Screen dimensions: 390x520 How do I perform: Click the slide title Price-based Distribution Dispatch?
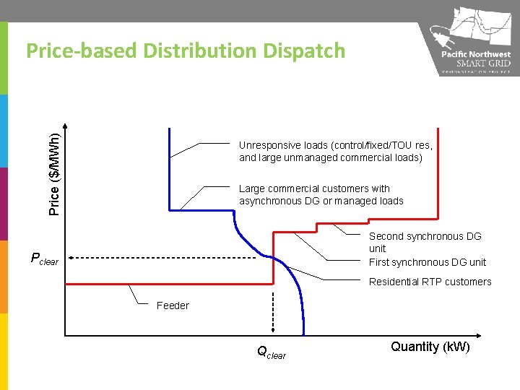(186, 51)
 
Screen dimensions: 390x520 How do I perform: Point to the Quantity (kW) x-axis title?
(430, 347)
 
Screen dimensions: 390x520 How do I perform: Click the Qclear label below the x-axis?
(271, 353)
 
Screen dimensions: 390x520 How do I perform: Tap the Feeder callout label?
(173, 305)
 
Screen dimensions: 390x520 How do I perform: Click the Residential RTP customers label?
(430, 282)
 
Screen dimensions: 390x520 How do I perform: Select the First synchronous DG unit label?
(427, 262)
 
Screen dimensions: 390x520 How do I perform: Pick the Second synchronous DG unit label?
(425, 242)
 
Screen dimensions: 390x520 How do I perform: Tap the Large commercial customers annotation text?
(321, 194)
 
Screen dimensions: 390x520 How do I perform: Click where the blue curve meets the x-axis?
(303, 335)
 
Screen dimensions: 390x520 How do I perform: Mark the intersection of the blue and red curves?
(274, 258)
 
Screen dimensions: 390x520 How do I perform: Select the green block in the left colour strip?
(4, 58)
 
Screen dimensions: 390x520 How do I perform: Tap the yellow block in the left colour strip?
(4, 351)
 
